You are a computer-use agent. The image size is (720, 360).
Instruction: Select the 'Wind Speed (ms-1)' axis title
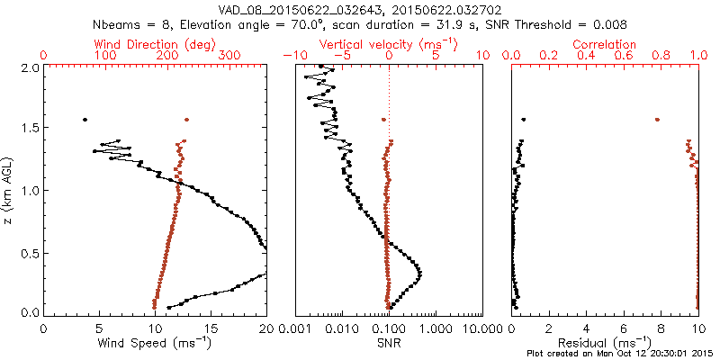tap(156, 343)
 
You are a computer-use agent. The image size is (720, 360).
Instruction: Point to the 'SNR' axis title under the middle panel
tap(389, 343)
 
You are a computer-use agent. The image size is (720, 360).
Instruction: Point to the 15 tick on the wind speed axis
tap(211, 328)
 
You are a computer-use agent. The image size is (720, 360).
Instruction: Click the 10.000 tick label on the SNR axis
tap(482, 328)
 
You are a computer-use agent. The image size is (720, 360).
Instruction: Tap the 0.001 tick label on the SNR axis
tap(295, 328)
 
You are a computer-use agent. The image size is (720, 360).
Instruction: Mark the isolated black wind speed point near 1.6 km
tap(85, 119)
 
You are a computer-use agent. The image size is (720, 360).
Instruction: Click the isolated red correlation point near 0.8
tap(657, 119)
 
